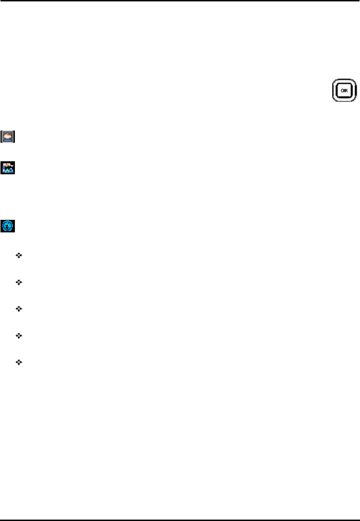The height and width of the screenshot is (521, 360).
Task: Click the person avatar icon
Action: (x=8, y=137)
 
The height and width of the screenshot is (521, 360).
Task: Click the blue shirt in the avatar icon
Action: (x=8, y=139)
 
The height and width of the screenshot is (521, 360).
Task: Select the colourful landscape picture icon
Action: (x=8, y=168)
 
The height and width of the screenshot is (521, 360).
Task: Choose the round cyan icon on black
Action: (x=8, y=226)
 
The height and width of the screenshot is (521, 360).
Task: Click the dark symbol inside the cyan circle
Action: (x=8, y=226)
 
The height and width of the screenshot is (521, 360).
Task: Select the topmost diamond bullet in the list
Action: (x=19, y=256)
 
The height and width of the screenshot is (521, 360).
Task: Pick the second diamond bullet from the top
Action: (x=19, y=282)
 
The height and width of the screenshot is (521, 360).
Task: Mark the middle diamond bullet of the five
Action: (x=19, y=309)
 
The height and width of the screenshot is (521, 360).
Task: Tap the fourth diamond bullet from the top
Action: (x=19, y=335)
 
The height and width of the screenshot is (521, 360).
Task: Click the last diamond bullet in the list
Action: (x=19, y=362)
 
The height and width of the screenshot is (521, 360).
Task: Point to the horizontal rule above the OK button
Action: (x=180, y=1)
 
